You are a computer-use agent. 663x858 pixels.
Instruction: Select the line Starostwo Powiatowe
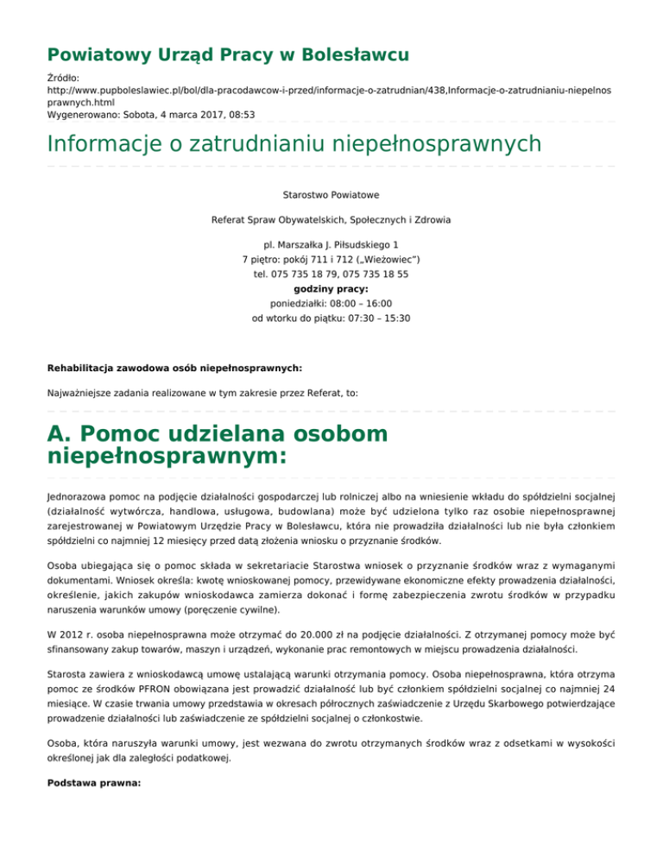(x=331, y=196)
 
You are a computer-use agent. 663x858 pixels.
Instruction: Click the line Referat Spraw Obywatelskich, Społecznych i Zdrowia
(x=331, y=221)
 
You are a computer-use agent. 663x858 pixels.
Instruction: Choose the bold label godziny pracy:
(x=331, y=289)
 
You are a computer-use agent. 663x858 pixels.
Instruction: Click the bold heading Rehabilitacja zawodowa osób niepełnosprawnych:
(x=174, y=368)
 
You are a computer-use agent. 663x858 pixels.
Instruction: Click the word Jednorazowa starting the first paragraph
(x=80, y=498)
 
